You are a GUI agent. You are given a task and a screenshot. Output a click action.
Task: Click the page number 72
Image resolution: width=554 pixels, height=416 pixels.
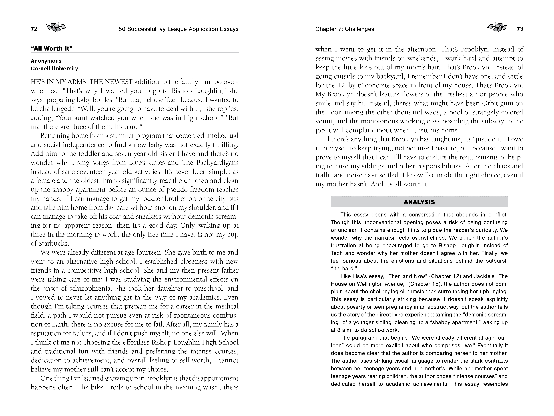pos(34,29)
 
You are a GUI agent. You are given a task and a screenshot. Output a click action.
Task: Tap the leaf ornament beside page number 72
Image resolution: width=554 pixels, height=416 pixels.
pos(57,27)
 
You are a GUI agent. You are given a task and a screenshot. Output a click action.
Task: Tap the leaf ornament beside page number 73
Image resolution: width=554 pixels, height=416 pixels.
pos(497,27)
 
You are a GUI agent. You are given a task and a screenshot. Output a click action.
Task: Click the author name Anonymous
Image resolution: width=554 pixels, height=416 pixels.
pos(46,61)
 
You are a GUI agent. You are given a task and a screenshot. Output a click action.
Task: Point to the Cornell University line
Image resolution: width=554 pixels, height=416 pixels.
pos(54,69)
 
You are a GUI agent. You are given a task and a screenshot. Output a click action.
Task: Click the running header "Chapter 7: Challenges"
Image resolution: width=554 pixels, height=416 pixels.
pos(345,29)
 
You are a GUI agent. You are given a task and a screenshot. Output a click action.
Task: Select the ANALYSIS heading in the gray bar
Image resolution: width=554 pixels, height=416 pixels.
pos(419,202)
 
